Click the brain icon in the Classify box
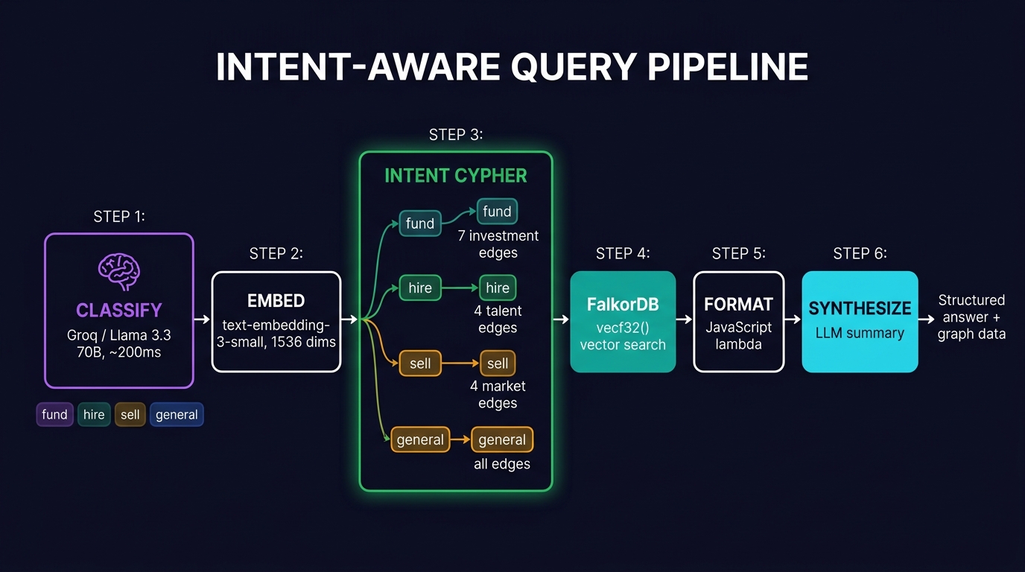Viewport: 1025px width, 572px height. [x=119, y=272]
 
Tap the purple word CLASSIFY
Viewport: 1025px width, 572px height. [x=119, y=310]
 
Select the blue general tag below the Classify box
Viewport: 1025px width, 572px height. [x=177, y=415]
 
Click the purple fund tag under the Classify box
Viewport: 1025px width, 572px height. [x=54, y=415]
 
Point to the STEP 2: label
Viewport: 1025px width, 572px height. [x=276, y=254]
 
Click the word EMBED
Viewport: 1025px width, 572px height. [x=276, y=301]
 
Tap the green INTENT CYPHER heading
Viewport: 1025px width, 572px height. [x=456, y=176]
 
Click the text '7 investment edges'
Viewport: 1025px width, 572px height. [x=498, y=244]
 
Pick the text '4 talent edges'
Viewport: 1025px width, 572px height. [x=498, y=320]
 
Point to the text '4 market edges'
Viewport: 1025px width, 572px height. [x=498, y=395]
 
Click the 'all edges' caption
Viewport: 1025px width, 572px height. [x=502, y=464]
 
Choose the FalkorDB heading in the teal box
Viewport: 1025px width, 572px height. [x=623, y=305]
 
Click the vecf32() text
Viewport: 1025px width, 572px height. [x=623, y=327]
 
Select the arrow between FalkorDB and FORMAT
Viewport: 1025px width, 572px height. [x=684, y=320]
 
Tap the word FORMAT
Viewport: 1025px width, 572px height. [x=738, y=305]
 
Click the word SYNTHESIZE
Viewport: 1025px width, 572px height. [x=860, y=308]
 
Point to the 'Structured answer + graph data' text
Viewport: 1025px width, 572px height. [x=971, y=317]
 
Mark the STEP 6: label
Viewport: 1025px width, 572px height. [x=860, y=254]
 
